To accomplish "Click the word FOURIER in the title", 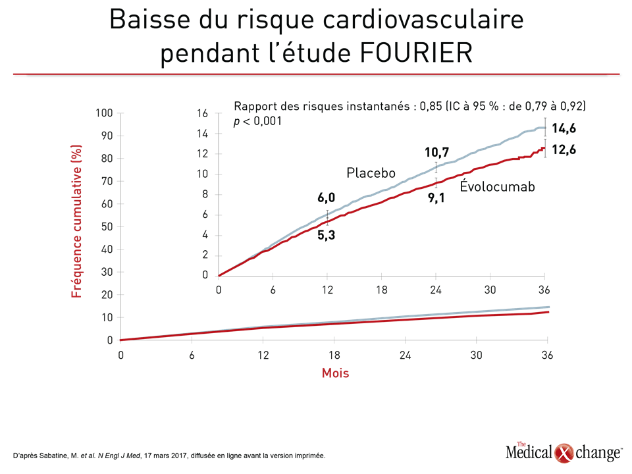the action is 416,53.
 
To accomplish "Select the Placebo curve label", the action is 371,173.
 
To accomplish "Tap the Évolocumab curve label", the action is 498,186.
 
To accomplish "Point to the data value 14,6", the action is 564,128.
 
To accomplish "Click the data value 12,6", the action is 564,150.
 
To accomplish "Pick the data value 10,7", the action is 436,152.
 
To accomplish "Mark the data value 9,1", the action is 436,198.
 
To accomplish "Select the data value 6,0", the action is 326,197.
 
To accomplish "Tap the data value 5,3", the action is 326,235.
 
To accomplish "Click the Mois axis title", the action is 335,373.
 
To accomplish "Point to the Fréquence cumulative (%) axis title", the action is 76,221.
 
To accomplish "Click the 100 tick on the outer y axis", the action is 104,113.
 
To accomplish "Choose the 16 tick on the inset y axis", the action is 202,114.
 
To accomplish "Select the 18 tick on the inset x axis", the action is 382,290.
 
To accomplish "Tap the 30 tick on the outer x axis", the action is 477,355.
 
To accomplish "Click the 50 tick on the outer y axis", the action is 107,226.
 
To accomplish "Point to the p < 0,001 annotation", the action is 257,121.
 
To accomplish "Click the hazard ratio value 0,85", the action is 431,107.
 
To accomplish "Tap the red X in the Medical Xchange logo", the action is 564,453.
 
